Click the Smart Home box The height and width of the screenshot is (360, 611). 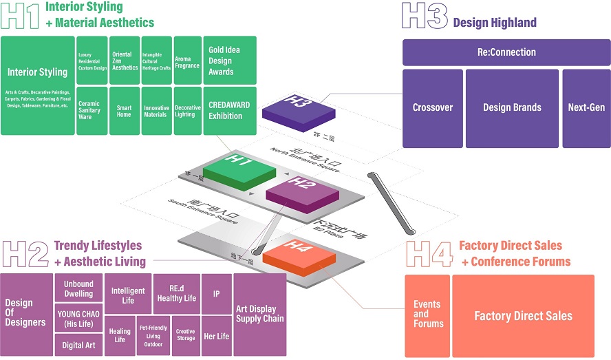[124, 111]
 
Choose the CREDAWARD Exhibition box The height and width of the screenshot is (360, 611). [230, 111]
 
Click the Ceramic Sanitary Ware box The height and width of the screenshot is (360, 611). [91, 111]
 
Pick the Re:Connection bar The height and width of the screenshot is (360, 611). [506, 52]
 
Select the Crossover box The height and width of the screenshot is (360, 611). [432, 108]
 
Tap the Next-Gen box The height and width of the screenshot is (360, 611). [586, 108]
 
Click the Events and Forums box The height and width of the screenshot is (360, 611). [427, 315]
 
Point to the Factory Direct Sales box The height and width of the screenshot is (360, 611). [523, 315]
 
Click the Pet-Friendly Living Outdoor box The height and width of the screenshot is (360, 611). [153, 335]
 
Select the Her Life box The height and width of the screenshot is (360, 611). [217, 335]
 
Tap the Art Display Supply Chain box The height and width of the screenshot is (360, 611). [259, 315]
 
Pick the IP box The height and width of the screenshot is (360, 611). [217, 293]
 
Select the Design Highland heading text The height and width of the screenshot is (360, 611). [495, 23]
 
